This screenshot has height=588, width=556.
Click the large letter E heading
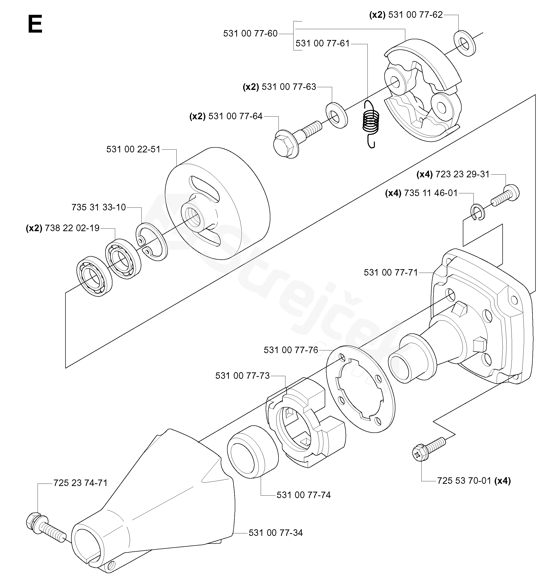[35, 25]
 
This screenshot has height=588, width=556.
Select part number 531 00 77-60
[250, 34]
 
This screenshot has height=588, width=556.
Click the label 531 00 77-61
[323, 43]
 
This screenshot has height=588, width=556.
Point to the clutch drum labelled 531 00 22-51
[217, 203]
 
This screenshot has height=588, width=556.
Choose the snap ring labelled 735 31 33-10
[152, 242]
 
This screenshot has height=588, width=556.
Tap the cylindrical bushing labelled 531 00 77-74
[253, 451]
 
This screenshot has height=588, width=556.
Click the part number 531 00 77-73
[242, 376]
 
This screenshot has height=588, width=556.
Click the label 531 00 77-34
[276, 533]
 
